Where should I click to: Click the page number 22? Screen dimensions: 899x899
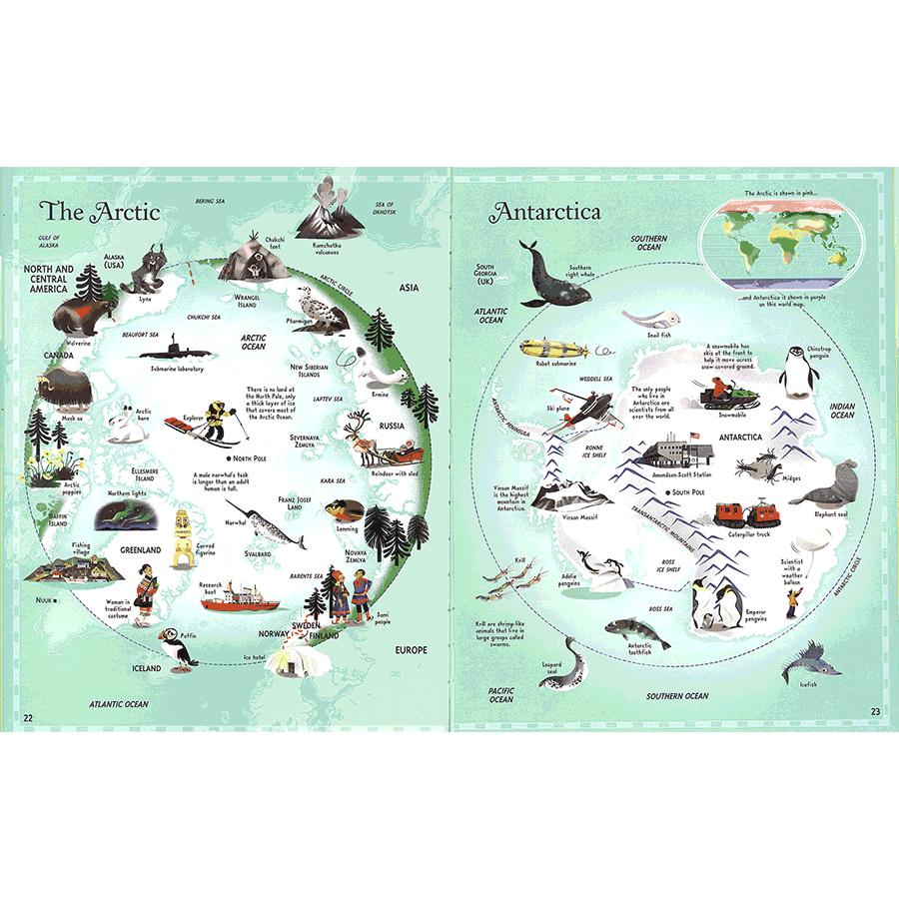tap(29, 716)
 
